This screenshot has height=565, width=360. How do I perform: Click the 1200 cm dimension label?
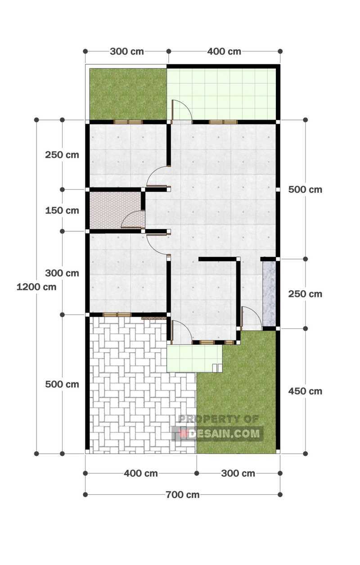36,287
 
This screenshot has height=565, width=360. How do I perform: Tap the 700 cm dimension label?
183,495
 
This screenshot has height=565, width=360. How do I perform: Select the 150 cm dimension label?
62,210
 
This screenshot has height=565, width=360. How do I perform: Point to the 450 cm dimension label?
305,391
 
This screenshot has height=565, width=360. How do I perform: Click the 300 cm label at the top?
127,51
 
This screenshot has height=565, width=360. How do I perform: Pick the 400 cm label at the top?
224,51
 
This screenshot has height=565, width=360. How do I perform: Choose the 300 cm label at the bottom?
238,473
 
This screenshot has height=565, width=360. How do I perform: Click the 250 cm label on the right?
305,294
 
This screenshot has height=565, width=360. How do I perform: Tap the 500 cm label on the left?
62,384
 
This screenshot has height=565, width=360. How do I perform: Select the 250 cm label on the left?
62,155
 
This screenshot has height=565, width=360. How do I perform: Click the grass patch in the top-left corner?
128,94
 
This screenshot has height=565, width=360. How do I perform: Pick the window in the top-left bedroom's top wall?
128,121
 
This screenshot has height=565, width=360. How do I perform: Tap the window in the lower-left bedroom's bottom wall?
117,314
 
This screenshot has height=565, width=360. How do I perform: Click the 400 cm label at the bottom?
141,473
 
